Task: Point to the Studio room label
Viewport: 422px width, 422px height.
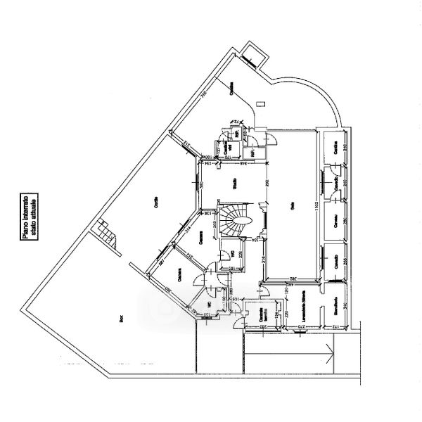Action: pos(234,184)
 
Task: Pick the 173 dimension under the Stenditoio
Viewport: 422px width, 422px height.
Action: pos(335,328)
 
